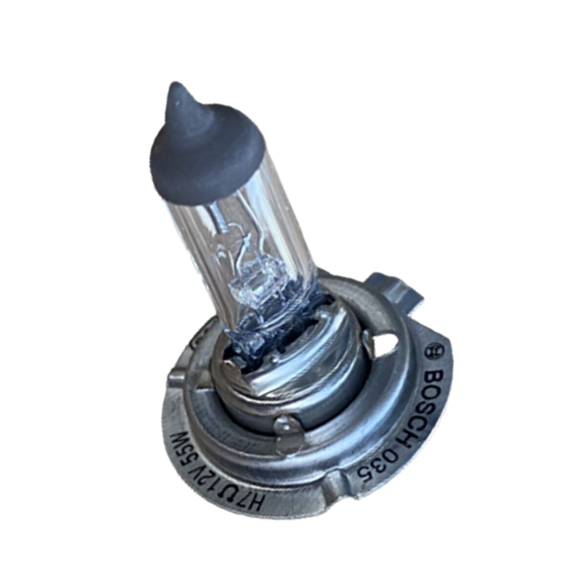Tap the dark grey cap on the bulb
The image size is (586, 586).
point(205,146)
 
